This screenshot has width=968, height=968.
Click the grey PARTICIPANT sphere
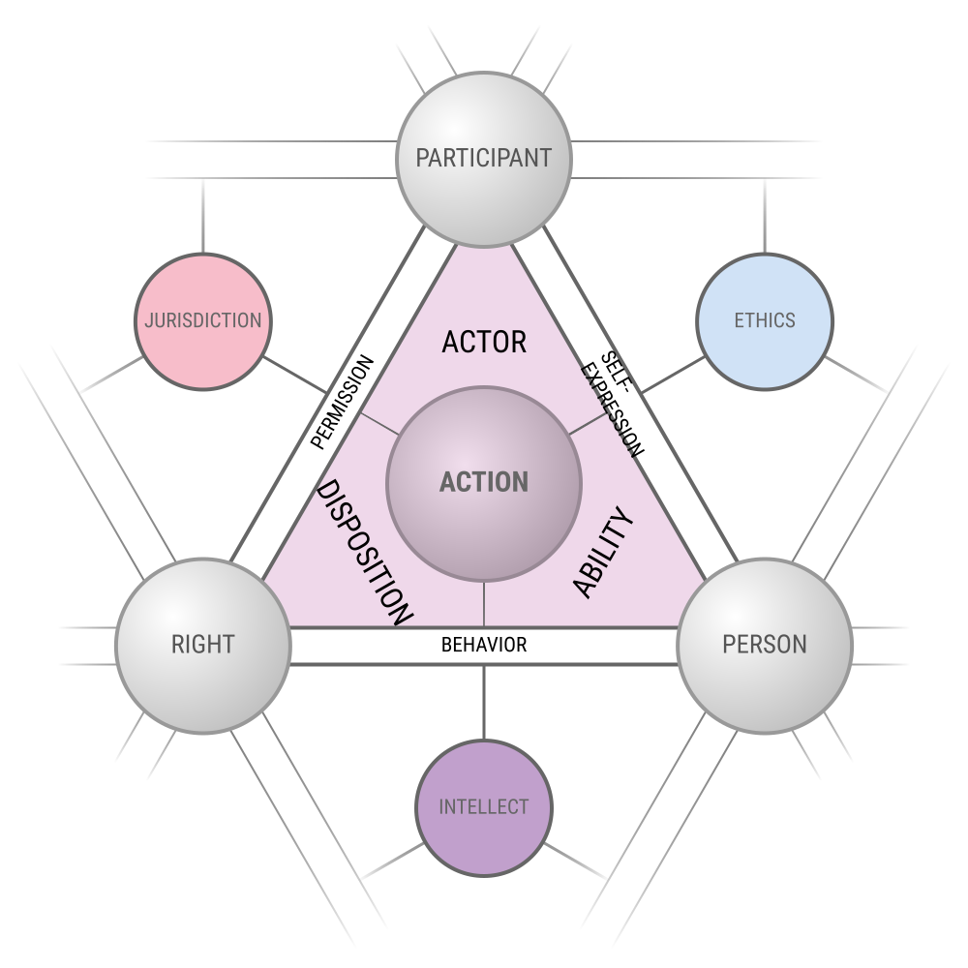(484, 160)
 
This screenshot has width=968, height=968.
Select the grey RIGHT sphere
(203, 646)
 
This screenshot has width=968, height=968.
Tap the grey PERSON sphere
(765, 646)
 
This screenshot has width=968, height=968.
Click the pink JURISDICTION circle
(203, 321)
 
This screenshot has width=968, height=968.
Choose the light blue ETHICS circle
(765, 321)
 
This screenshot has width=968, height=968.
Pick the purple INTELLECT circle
(484, 808)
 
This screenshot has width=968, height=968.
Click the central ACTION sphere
(484, 484)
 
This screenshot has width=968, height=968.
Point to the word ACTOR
(484, 342)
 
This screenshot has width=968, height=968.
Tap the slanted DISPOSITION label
(364, 553)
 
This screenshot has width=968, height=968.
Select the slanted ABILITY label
(603, 553)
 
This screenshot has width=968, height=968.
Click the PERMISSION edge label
(342, 402)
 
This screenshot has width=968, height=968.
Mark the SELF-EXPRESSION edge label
(613, 404)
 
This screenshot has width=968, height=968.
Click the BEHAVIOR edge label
(484, 645)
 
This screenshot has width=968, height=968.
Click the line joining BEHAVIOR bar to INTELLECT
(484, 703)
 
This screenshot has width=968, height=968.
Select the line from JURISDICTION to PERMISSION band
(295, 375)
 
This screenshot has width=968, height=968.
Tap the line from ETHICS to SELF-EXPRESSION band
(673, 375)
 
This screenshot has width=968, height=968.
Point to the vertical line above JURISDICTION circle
(203, 216)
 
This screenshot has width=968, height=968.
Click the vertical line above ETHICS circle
(765, 216)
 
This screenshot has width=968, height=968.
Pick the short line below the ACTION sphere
(484, 604)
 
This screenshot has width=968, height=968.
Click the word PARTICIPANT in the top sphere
(484, 158)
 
